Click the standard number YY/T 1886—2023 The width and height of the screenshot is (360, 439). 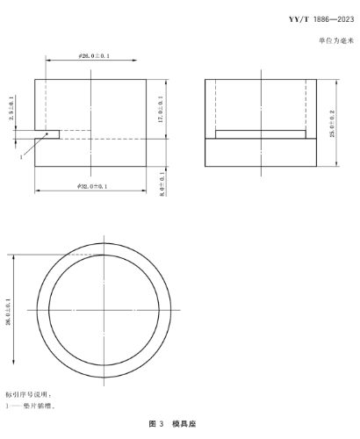coord(312,19)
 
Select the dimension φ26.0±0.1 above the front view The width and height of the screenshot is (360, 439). coord(92,55)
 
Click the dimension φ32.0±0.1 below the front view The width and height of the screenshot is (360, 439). coord(91,187)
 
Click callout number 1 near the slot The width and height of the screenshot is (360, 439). coord(18,157)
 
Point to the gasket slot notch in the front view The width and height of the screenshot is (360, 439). coord(48,134)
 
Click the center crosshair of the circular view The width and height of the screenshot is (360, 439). coord(104,310)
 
